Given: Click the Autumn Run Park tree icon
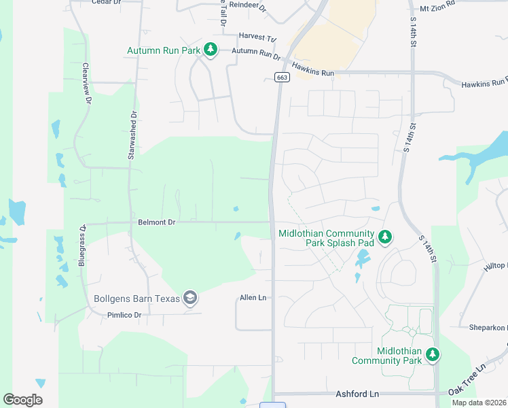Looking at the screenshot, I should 211,50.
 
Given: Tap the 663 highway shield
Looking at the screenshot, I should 282,78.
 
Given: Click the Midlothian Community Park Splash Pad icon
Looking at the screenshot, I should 385,237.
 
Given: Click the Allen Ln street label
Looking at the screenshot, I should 253,298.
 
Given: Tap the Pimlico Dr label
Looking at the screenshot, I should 124,315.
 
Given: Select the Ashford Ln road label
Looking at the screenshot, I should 357,394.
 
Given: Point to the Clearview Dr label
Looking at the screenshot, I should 86,84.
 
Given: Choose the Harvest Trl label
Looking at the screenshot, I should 259,36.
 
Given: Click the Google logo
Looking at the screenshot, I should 22,400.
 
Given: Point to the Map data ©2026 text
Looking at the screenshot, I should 479,403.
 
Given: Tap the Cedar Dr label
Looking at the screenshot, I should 105,2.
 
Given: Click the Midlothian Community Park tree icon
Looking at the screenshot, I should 433,354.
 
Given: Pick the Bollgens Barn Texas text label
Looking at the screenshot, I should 137,299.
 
